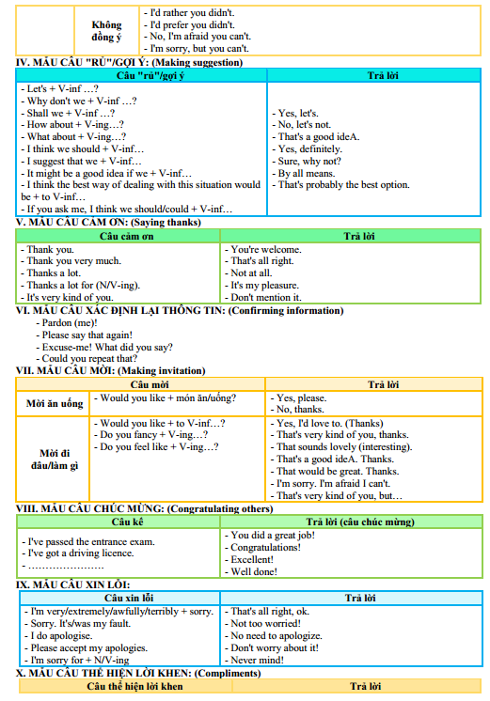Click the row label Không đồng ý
(x=105, y=30)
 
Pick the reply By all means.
(x=307, y=173)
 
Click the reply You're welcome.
(x=266, y=249)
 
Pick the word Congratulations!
(x=265, y=547)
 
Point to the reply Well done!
(x=254, y=571)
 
